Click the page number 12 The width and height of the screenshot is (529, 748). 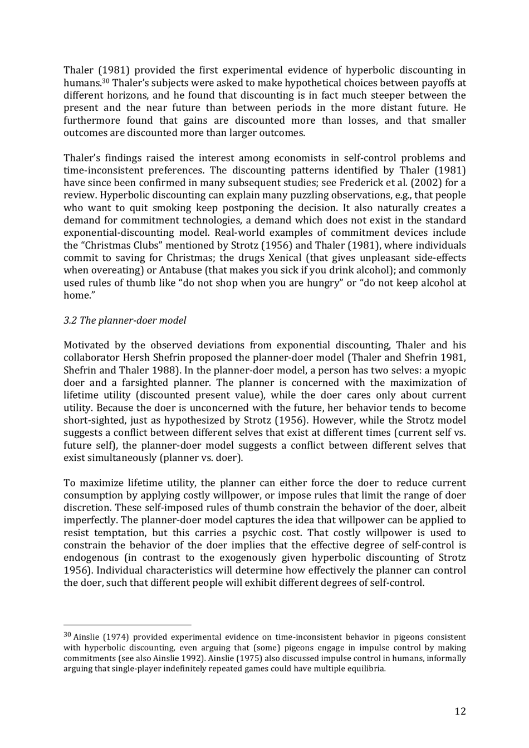click(x=459, y=711)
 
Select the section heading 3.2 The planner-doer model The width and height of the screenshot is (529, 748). click(x=125, y=320)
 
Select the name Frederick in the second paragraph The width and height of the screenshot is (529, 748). click(x=381, y=183)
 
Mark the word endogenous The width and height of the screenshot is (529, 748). click(x=91, y=558)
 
